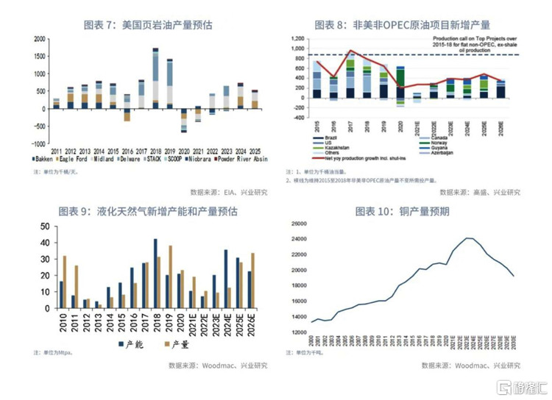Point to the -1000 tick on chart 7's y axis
click(40, 143)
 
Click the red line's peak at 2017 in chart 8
click(350, 51)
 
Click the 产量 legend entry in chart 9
click(172, 344)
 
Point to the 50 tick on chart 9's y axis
click(46, 226)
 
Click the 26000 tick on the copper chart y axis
click(298, 224)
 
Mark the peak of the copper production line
click(467, 238)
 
